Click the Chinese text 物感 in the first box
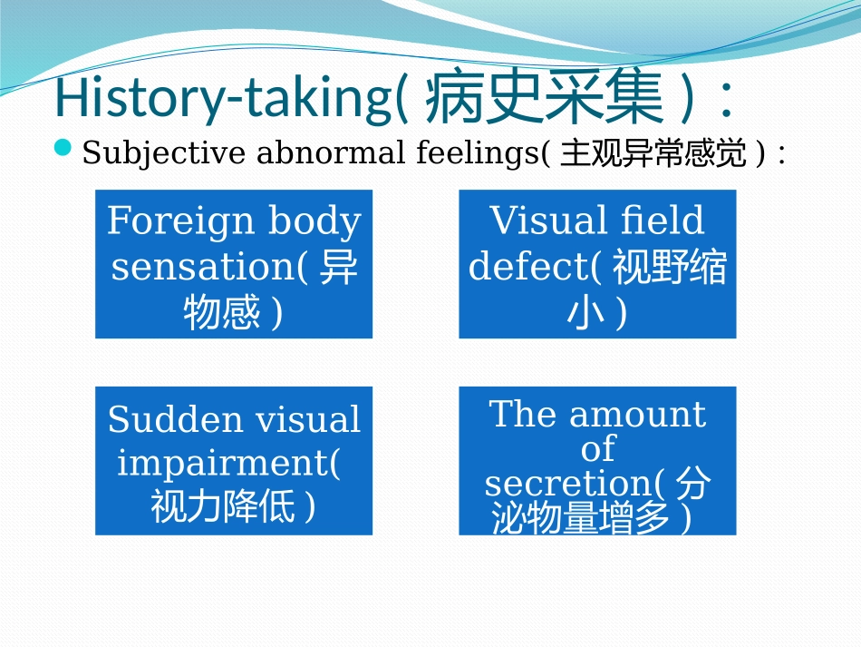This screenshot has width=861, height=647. tap(220, 314)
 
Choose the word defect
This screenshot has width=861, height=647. tap(527, 267)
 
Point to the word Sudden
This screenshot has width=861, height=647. tap(175, 419)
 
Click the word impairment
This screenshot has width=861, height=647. tap(225, 463)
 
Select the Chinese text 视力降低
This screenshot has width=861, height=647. tap(223, 506)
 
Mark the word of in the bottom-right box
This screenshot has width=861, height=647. tap(597, 448)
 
